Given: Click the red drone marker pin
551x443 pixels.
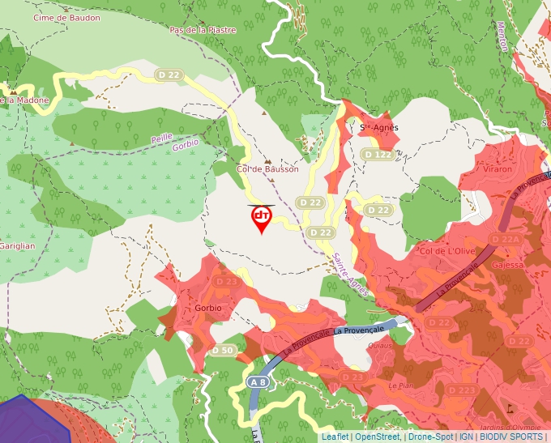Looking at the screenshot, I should click(x=261, y=218).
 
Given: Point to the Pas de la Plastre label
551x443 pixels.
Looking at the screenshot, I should click(x=203, y=30).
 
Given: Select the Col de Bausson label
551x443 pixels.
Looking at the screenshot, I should click(x=267, y=169).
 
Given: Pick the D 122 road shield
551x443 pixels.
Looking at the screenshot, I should click(x=378, y=154).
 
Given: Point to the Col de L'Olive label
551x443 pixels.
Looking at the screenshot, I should click(x=446, y=251).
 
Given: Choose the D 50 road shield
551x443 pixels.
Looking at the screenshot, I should click(x=223, y=351).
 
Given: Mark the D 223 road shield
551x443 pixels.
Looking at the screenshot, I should click(x=462, y=390).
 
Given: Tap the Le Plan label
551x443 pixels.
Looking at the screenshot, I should click(x=400, y=386).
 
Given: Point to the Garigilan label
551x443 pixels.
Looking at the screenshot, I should click(x=16, y=245).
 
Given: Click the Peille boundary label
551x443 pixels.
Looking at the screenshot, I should click(x=161, y=138).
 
